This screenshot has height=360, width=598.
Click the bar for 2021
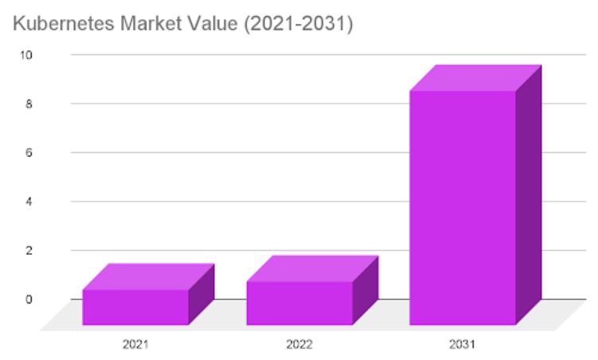(x=135, y=307)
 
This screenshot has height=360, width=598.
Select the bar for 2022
(x=299, y=303)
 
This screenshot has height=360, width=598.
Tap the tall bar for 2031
(x=463, y=207)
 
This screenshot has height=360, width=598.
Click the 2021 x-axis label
(x=135, y=345)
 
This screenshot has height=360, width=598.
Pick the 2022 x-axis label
(x=299, y=345)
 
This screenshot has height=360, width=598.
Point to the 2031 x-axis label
(x=463, y=345)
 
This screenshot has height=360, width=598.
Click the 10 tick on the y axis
(x=28, y=55)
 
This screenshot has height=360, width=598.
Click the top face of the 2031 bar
(x=475, y=77)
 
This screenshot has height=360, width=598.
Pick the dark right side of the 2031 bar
(x=528, y=195)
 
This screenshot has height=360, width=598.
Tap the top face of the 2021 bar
(x=149, y=276)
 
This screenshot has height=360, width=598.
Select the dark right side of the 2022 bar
(x=365, y=291)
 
